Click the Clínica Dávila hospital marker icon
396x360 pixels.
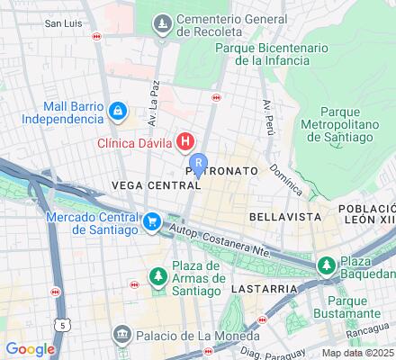[185, 141]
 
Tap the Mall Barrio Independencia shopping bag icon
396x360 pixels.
[118, 111]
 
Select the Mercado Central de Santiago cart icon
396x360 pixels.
[152, 220]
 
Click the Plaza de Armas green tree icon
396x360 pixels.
[157, 273]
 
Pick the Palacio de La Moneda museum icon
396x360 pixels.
[121, 337]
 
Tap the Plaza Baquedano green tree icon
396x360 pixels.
[325, 265]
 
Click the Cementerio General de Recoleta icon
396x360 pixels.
[163, 22]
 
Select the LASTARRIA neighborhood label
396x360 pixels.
[264, 289]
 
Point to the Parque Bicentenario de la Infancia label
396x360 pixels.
[292, 53]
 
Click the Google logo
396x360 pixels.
[30, 349]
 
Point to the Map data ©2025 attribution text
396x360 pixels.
[358, 353]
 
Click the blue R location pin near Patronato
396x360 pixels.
[198, 165]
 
